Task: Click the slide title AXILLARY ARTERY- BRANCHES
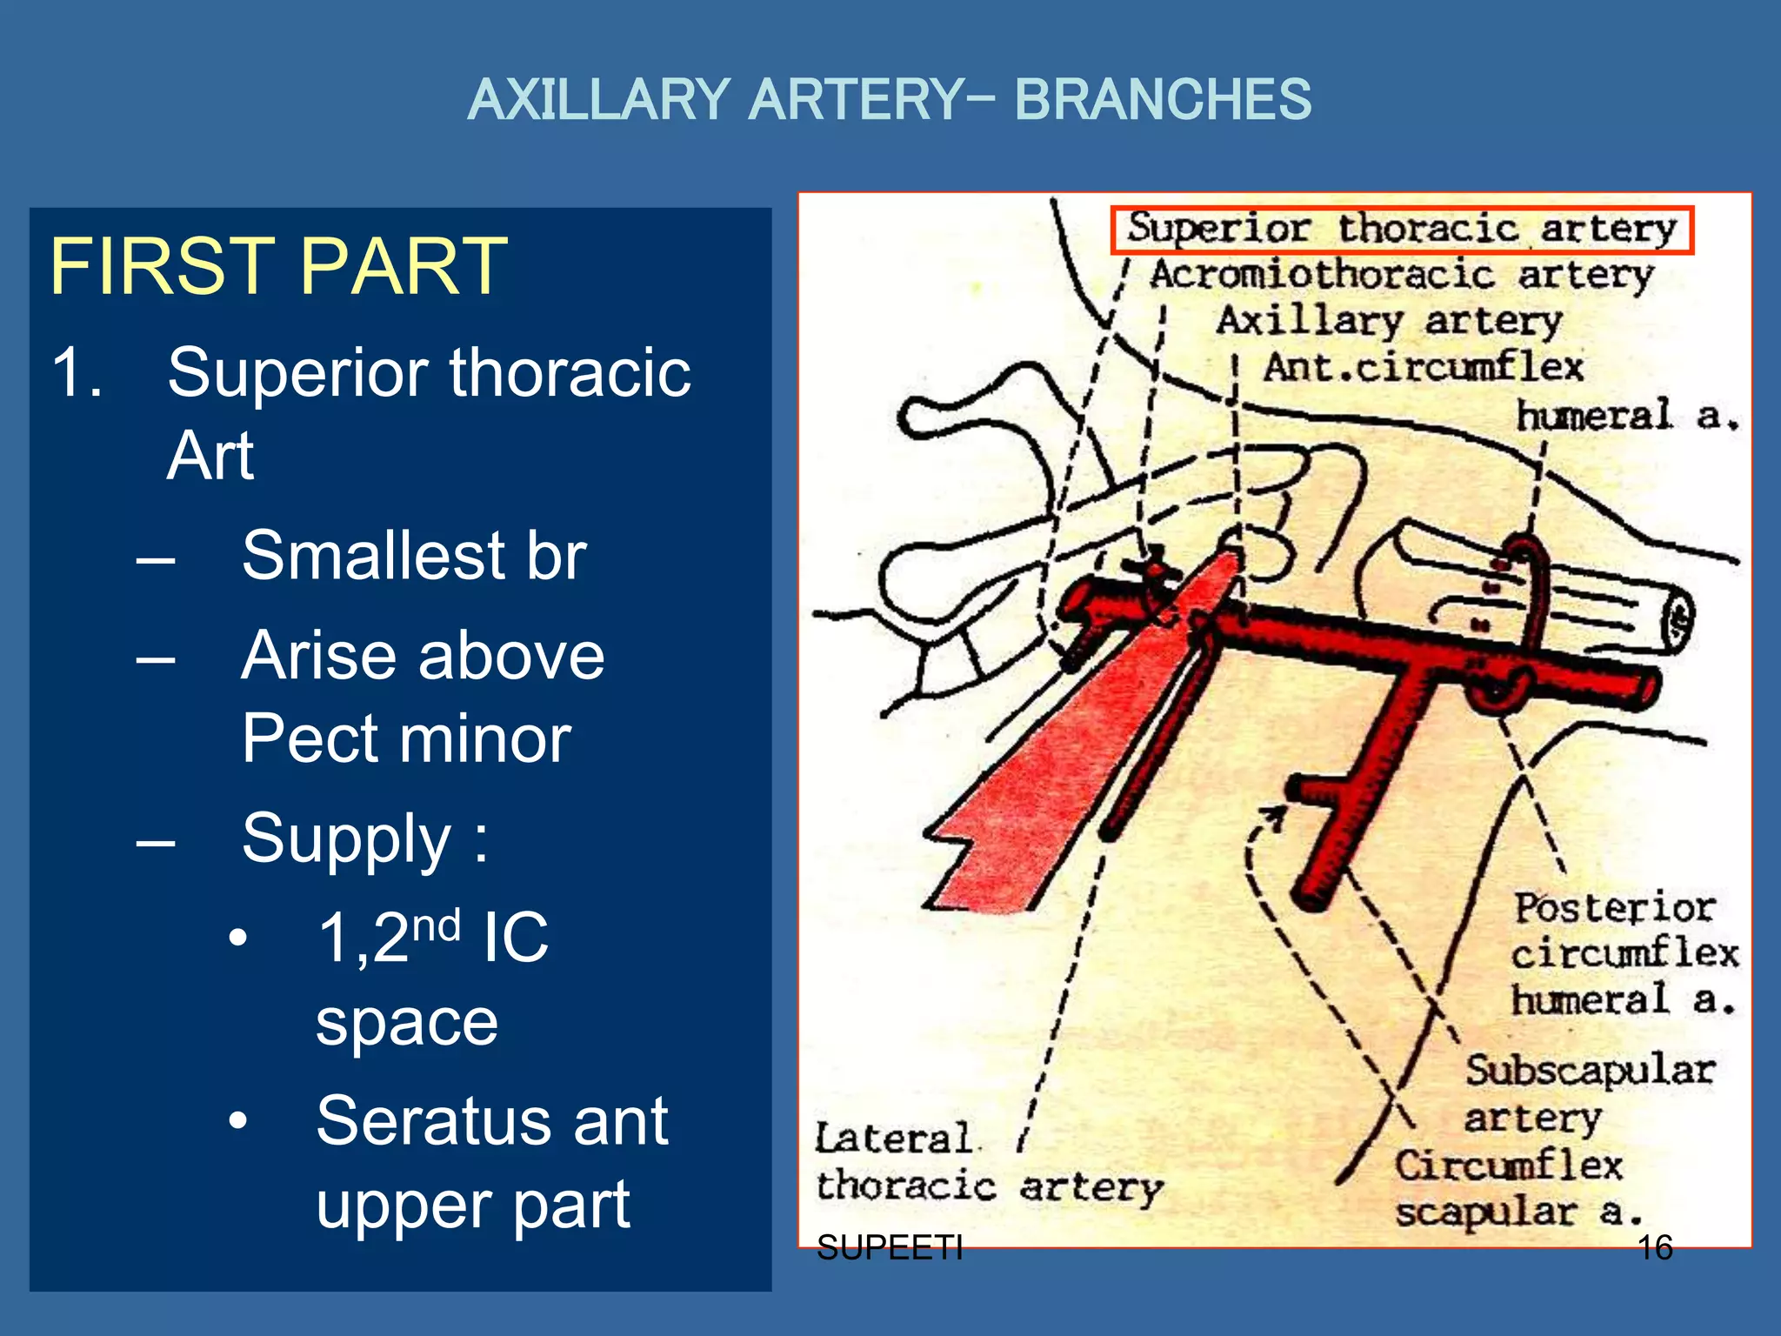889,99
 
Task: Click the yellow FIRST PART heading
278,266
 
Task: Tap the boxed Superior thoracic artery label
1402,230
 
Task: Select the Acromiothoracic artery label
1402,276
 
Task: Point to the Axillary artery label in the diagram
1389,321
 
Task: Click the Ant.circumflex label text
1424,367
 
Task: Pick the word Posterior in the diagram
1614,908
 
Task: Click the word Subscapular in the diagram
1590,1070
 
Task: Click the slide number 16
1655,1247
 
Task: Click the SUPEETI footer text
890,1247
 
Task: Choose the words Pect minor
406,738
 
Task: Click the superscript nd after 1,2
436,925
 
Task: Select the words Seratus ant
492,1121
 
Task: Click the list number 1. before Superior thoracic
77,372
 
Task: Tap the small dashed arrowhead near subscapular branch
1273,818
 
